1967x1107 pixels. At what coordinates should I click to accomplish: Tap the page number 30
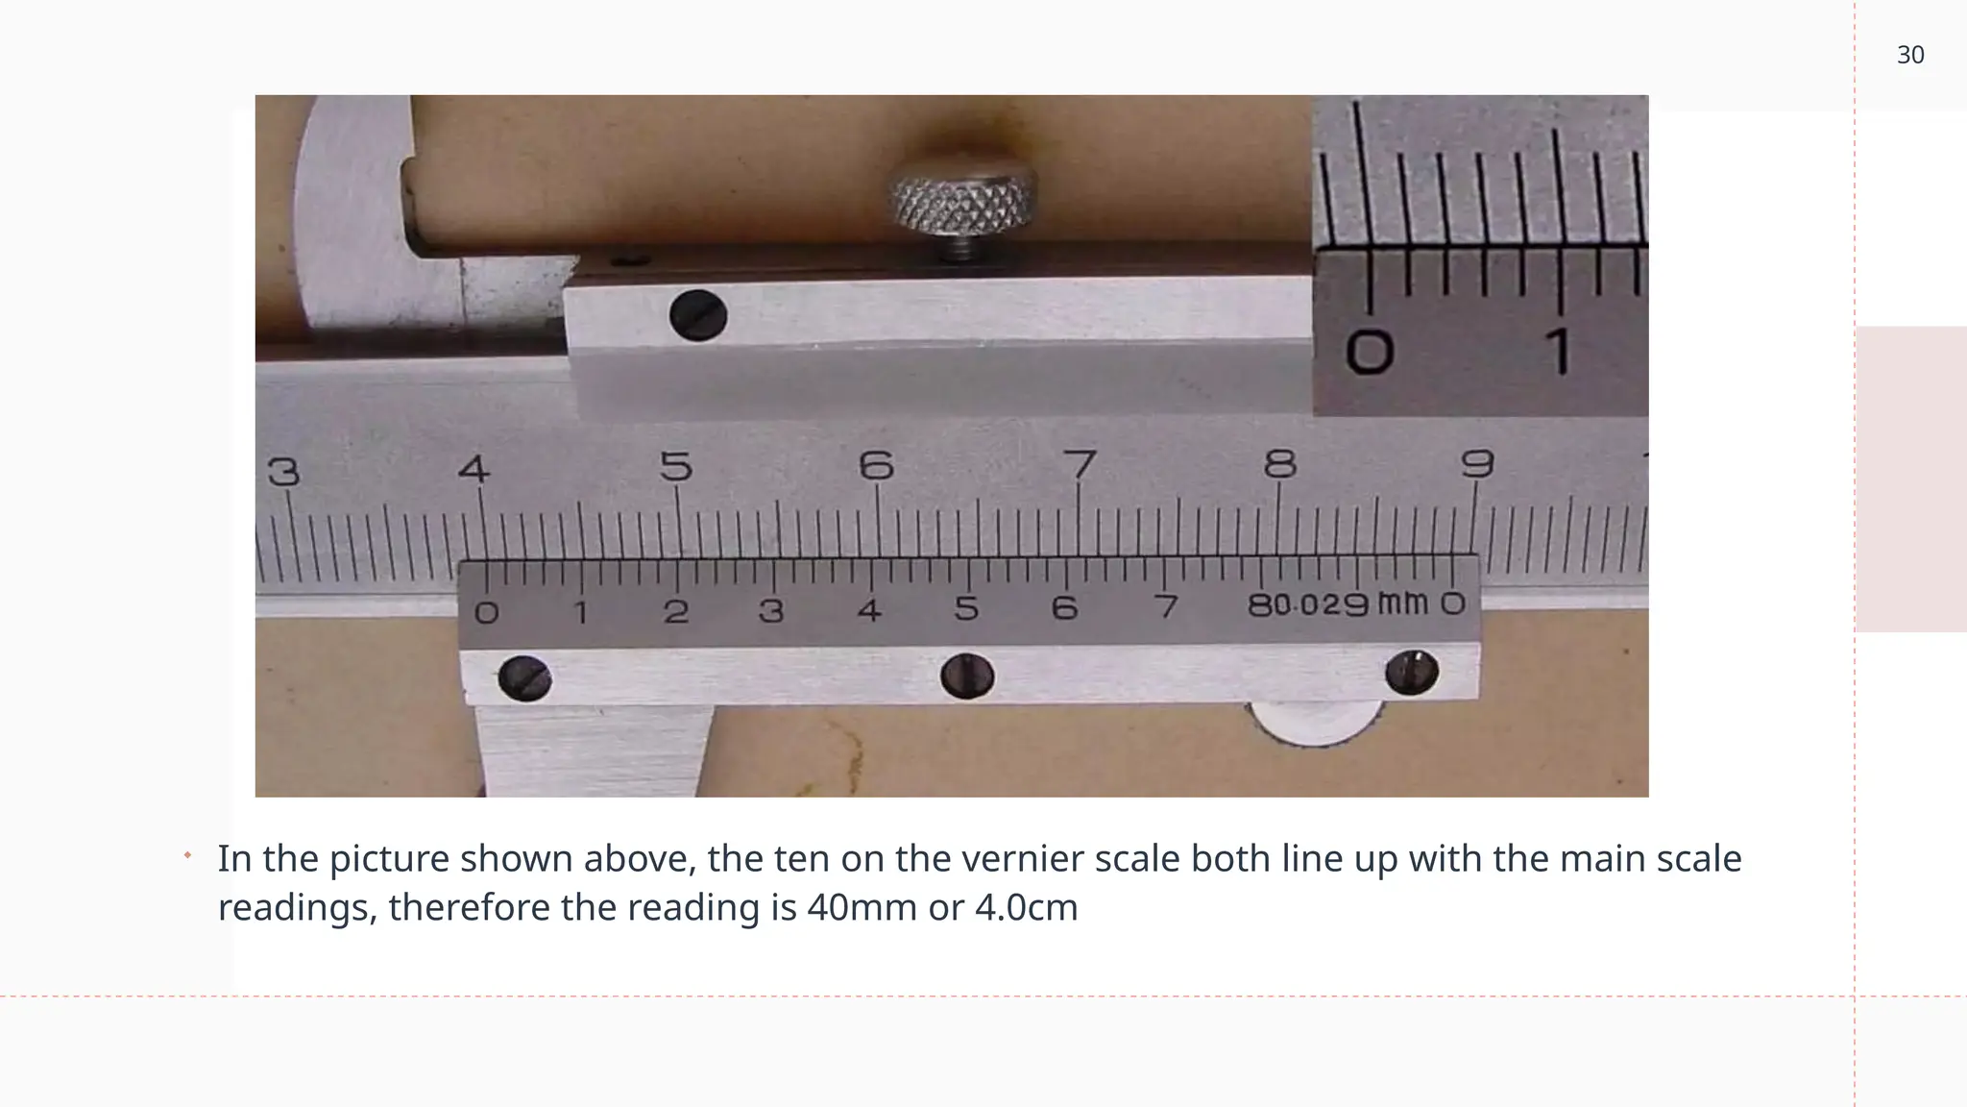click(1910, 56)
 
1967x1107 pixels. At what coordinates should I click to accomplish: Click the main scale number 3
click(283, 472)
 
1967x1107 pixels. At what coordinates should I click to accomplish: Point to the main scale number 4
click(474, 469)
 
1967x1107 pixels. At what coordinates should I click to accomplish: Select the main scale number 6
click(876, 466)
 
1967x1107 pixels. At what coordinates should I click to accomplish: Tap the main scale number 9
click(1477, 464)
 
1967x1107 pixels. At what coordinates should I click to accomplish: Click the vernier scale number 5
click(966, 609)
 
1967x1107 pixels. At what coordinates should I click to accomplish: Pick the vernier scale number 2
click(676, 612)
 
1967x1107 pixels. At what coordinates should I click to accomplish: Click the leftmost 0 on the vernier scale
click(487, 612)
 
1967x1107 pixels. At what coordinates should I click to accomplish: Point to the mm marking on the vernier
click(1402, 603)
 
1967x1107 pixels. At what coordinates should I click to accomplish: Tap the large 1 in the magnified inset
click(1560, 351)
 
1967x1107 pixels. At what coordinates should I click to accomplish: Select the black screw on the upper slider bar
click(698, 315)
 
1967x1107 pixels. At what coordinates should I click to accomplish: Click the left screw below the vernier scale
click(525, 678)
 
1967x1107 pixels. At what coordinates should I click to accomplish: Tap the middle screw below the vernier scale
click(967, 676)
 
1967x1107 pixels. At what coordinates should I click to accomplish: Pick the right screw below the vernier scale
click(1412, 672)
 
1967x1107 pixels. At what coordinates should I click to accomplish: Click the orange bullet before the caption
click(188, 854)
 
